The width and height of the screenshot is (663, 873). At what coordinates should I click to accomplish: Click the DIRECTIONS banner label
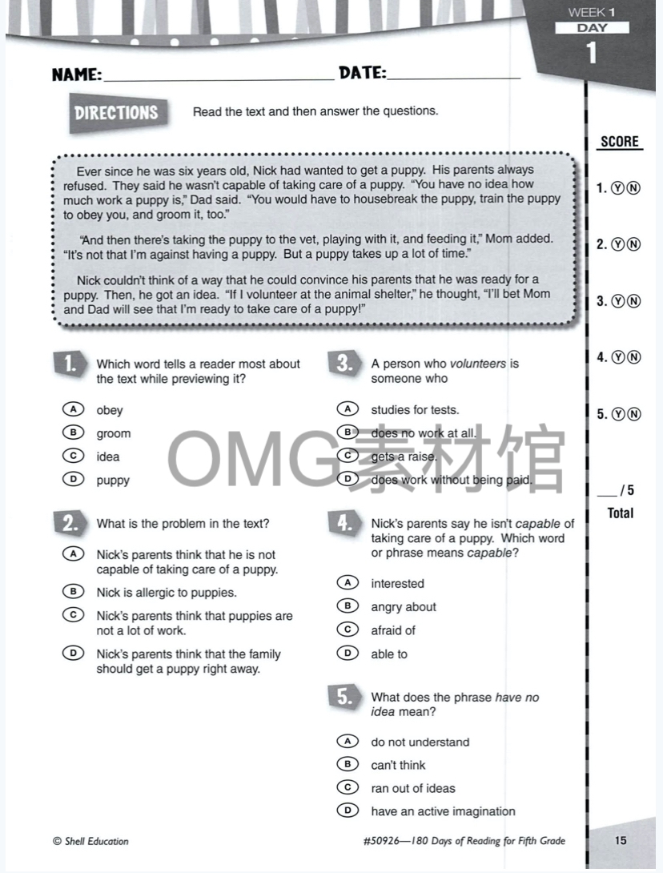click(116, 113)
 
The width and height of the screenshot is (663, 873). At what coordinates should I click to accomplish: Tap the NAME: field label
click(77, 75)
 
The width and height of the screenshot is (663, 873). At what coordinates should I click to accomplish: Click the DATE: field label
click(362, 74)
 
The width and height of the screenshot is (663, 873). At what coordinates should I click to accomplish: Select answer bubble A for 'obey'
click(73, 409)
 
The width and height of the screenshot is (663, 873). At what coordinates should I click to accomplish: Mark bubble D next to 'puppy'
click(73, 480)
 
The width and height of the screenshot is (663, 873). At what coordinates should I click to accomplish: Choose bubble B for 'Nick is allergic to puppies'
click(73, 592)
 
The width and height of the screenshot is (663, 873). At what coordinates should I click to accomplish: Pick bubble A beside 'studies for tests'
click(348, 409)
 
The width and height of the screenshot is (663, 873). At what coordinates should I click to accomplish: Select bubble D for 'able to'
click(348, 654)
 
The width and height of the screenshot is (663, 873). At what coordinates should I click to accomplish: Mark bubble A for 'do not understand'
click(348, 742)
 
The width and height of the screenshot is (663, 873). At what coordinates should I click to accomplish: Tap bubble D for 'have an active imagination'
click(348, 811)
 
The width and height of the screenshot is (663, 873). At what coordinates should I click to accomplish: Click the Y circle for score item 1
click(618, 189)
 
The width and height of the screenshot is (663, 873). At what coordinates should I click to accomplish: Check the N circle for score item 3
click(633, 301)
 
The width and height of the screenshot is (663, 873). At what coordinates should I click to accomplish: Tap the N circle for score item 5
click(633, 414)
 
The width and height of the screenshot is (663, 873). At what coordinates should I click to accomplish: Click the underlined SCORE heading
click(620, 142)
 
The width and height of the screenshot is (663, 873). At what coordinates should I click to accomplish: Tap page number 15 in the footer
click(621, 840)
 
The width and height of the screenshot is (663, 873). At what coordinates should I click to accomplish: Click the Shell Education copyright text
click(90, 841)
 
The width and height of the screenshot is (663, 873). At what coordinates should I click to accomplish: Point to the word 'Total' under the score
click(621, 513)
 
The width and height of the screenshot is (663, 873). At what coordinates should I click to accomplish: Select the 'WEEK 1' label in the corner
click(591, 12)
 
